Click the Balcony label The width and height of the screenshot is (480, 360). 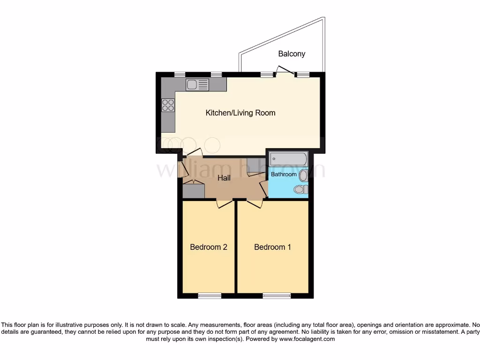[x=292, y=54]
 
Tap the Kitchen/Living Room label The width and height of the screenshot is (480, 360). [x=240, y=113]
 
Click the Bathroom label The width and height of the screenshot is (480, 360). [x=284, y=174]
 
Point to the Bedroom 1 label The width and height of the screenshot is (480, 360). [x=272, y=247]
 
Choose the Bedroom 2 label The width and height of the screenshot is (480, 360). [x=209, y=247]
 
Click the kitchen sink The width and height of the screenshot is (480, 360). [x=197, y=85]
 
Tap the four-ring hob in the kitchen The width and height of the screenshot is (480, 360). [x=168, y=105]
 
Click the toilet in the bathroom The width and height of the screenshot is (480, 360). [x=300, y=189]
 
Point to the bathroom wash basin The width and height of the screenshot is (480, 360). [x=303, y=176]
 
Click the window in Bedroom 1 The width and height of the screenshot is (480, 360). [x=276, y=295]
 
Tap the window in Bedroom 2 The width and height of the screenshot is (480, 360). [x=210, y=295]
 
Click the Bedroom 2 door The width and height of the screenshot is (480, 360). [x=225, y=202]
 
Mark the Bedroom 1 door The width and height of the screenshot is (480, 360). [x=255, y=202]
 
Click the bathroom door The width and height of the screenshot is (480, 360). [x=264, y=188]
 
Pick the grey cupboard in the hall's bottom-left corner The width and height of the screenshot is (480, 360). [x=194, y=191]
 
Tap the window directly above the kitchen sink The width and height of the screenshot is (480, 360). [x=216, y=74]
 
